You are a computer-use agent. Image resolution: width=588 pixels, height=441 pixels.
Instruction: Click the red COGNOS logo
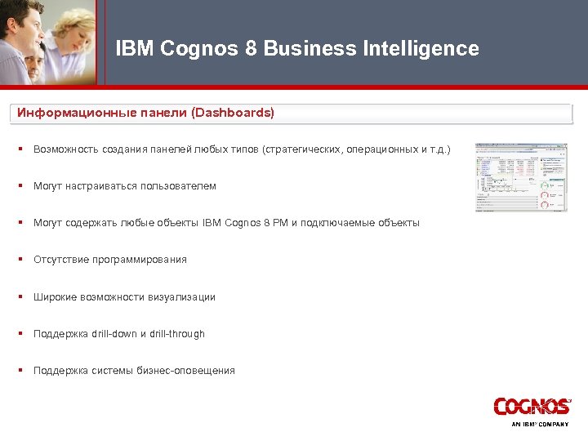click(x=532, y=407)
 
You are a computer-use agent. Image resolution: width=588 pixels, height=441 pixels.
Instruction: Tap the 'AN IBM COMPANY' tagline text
click(x=540, y=425)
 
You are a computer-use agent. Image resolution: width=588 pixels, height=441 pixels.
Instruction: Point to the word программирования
click(x=144, y=260)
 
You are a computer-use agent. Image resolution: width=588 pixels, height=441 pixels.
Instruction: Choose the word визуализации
click(x=182, y=297)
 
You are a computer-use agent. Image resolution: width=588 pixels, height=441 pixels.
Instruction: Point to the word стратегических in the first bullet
click(x=304, y=149)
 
